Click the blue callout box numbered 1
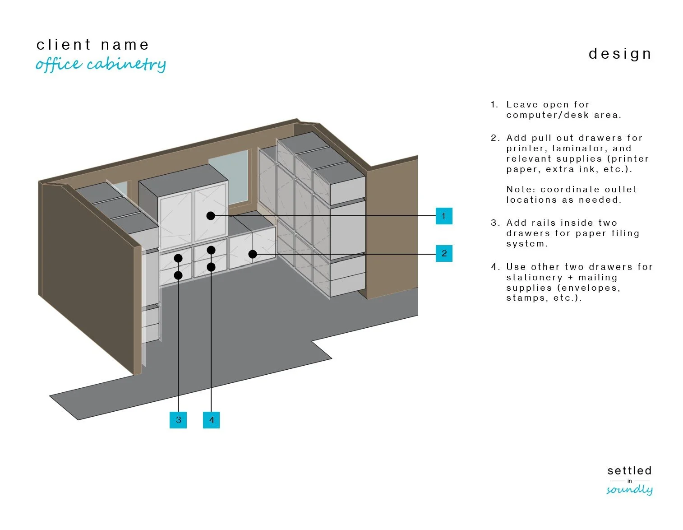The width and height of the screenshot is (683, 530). pyautogui.click(x=443, y=216)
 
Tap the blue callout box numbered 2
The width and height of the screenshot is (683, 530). pyautogui.click(x=444, y=253)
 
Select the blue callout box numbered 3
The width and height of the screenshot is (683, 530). pyautogui.click(x=178, y=420)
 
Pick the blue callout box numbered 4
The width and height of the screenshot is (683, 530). pyautogui.click(x=211, y=420)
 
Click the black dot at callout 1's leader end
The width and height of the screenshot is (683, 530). pyautogui.click(x=211, y=216)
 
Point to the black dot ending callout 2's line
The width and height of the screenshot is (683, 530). pyautogui.click(x=253, y=254)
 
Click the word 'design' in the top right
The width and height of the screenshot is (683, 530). pyautogui.click(x=620, y=54)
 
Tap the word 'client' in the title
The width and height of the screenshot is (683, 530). pyautogui.click(x=64, y=45)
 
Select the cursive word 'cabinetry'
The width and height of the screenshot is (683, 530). pyautogui.click(x=126, y=65)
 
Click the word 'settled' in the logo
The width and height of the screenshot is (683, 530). pyautogui.click(x=629, y=470)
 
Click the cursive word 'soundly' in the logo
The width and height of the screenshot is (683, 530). pyautogui.click(x=629, y=490)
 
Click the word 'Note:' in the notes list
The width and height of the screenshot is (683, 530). pyautogui.click(x=521, y=189)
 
